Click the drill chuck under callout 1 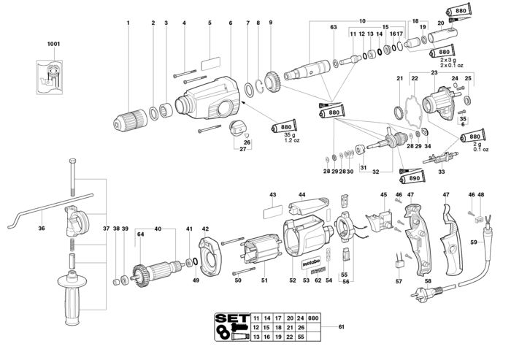tap(131, 119)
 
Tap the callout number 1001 tap(54, 44)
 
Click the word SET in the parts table tap(232, 318)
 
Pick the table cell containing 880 tap(313, 318)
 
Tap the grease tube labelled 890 tap(412, 178)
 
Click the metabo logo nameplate tap(311, 261)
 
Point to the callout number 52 tap(293, 280)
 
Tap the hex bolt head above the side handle tap(73, 161)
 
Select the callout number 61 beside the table tap(341, 326)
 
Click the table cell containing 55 tap(301, 337)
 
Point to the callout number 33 tap(441, 172)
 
